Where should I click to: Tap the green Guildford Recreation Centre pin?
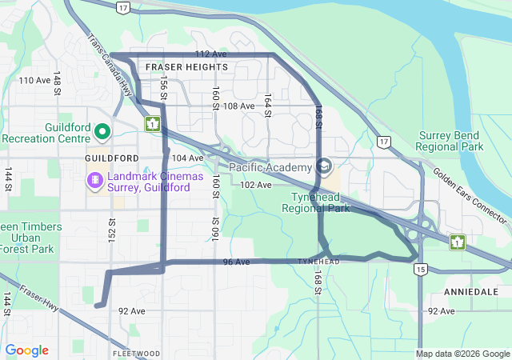pos(102,130)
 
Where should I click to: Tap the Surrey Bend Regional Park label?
pos(450,142)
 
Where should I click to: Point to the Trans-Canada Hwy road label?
pos(110,67)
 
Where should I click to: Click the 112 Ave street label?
pos(211,54)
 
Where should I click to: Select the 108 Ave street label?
pos(238,106)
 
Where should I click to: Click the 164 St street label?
pos(268,104)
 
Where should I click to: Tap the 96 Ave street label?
pos(237,262)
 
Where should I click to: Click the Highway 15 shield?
pos(420,270)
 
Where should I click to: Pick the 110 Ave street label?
pos(34,80)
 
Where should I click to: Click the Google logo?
pos(26,350)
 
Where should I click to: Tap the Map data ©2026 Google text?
pos(462,354)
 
